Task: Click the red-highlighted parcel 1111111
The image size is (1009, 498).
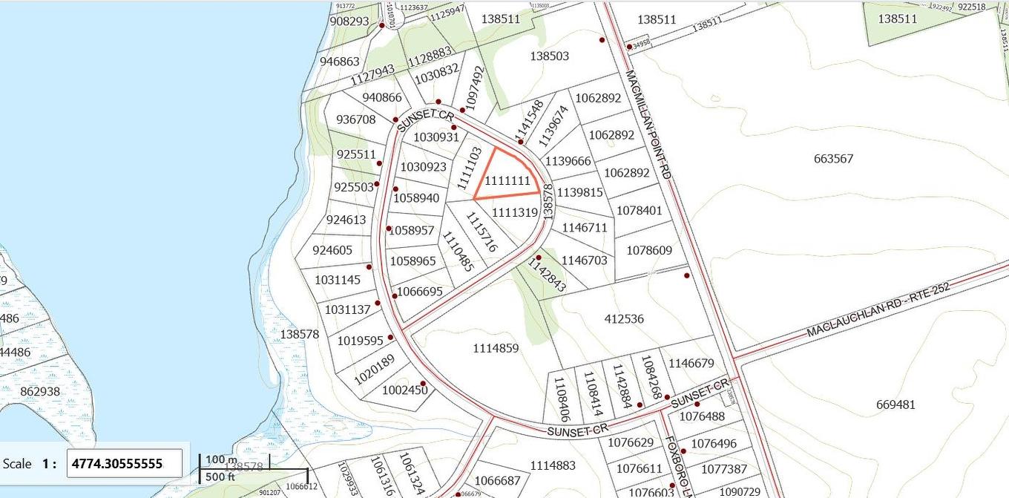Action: pyautogui.click(x=507, y=180)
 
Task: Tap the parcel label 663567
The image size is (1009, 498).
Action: pyautogui.click(x=833, y=158)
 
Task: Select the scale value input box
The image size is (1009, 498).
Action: pyautogui.click(x=125, y=463)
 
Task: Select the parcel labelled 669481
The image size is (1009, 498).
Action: pyautogui.click(x=895, y=404)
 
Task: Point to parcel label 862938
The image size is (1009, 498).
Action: pyautogui.click(x=40, y=391)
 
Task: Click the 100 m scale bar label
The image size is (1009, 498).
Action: pyautogui.click(x=220, y=459)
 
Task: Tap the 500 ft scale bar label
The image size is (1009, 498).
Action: pyautogui.click(x=221, y=476)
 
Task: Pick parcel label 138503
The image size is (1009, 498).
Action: pyautogui.click(x=550, y=56)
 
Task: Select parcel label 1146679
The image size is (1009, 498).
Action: pyautogui.click(x=691, y=363)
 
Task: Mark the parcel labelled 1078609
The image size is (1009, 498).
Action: pyautogui.click(x=649, y=250)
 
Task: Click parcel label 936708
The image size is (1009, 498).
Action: pyautogui.click(x=356, y=119)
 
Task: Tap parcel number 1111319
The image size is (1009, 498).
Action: pyautogui.click(x=514, y=212)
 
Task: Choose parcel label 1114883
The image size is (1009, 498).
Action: pyautogui.click(x=553, y=465)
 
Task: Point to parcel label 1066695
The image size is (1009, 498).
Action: pyautogui.click(x=420, y=292)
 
